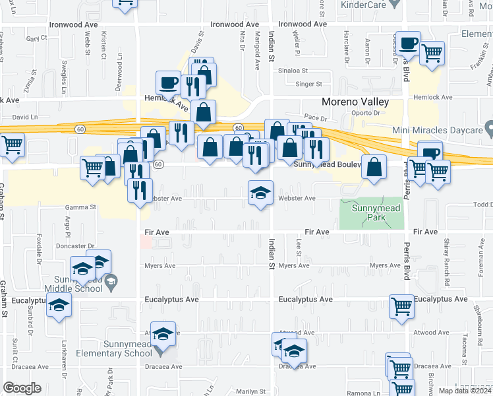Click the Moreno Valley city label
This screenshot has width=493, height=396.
(355, 102)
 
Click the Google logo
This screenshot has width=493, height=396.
(22, 388)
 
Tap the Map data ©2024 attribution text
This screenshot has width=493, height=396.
(465, 391)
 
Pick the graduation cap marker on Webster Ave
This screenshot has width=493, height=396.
(260, 193)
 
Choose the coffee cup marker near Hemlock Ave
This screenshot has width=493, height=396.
(168, 83)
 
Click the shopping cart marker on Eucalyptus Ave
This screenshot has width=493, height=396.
(401, 306)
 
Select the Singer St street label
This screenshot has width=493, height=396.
(308, 84)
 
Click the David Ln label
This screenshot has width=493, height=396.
(26, 117)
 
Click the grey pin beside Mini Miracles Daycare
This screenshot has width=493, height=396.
(488, 125)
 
